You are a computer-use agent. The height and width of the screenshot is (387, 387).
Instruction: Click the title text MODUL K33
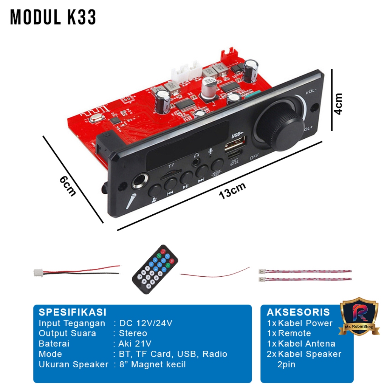click(x=53, y=17)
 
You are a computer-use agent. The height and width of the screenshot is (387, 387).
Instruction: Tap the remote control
click(x=155, y=269)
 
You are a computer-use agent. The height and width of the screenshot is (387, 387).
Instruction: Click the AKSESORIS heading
click(x=298, y=312)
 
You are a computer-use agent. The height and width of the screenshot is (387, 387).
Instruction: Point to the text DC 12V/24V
click(x=146, y=323)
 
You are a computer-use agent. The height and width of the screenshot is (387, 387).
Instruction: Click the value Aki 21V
click(x=135, y=344)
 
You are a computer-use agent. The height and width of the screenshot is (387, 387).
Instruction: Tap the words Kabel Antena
click(x=307, y=344)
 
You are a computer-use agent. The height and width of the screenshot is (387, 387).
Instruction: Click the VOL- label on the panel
click(x=311, y=92)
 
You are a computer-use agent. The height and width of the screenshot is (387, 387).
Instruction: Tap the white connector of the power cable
click(x=38, y=272)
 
